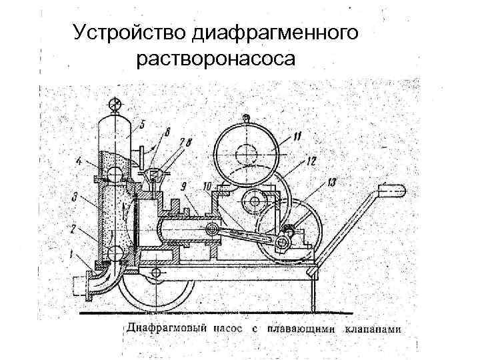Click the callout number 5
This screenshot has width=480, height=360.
(x=143, y=124)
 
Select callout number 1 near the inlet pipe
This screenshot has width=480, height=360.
(x=69, y=253)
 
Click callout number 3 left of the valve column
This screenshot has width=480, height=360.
(x=75, y=197)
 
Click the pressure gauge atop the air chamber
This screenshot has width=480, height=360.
(x=115, y=104)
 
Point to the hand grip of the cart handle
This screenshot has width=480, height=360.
(x=393, y=191)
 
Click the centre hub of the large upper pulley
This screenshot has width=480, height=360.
(x=245, y=151)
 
